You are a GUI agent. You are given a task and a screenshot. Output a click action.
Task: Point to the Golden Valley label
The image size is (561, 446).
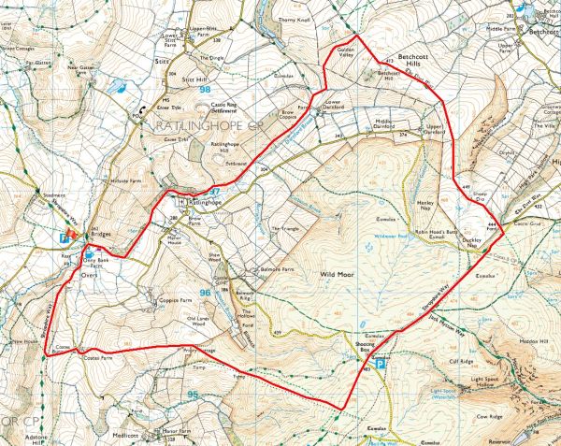tap(338, 54)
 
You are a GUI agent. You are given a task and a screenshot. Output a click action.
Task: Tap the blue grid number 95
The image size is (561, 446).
tap(193, 396)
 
